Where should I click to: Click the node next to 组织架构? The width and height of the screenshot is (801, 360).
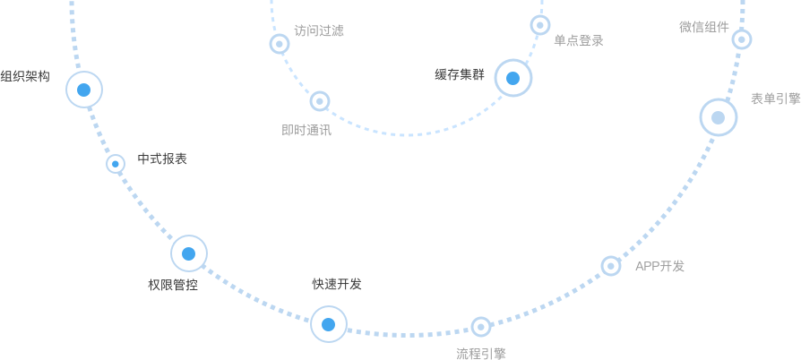tap(84, 90)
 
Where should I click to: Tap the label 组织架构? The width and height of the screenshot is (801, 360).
tap(25, 76)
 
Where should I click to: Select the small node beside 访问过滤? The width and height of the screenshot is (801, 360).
tap(280, 44)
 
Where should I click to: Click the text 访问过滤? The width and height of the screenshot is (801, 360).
tap(319, 30)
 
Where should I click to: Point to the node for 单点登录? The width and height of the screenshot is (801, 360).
tap(540, 25)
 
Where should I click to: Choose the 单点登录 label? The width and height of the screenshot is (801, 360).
tap(578, 40)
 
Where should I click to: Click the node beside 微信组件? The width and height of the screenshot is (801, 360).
tap(742, 39)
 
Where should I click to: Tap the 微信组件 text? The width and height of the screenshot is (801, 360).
tap(704, 27)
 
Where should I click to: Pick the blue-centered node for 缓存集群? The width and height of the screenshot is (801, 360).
tap(513, 78)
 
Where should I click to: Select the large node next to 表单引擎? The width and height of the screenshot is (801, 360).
tap(719, 117)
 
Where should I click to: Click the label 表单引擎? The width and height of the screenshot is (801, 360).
tap(775, 99)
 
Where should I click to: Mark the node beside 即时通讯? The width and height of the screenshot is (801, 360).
tap(320, 101)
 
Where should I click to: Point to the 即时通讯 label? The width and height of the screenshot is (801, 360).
tap(306, 130)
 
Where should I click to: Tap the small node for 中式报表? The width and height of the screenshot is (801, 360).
tap(116, 164)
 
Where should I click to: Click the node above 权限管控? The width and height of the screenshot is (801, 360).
tap(189, 253)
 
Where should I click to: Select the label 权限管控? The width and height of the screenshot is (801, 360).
tap(173, 285)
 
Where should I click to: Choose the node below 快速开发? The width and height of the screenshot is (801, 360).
tap(329, 324)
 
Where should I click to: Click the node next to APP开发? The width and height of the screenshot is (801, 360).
tap(611, 266)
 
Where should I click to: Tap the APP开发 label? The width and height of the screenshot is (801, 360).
tap(659, 266)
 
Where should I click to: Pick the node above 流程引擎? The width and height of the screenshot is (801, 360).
tap(481, 327)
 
